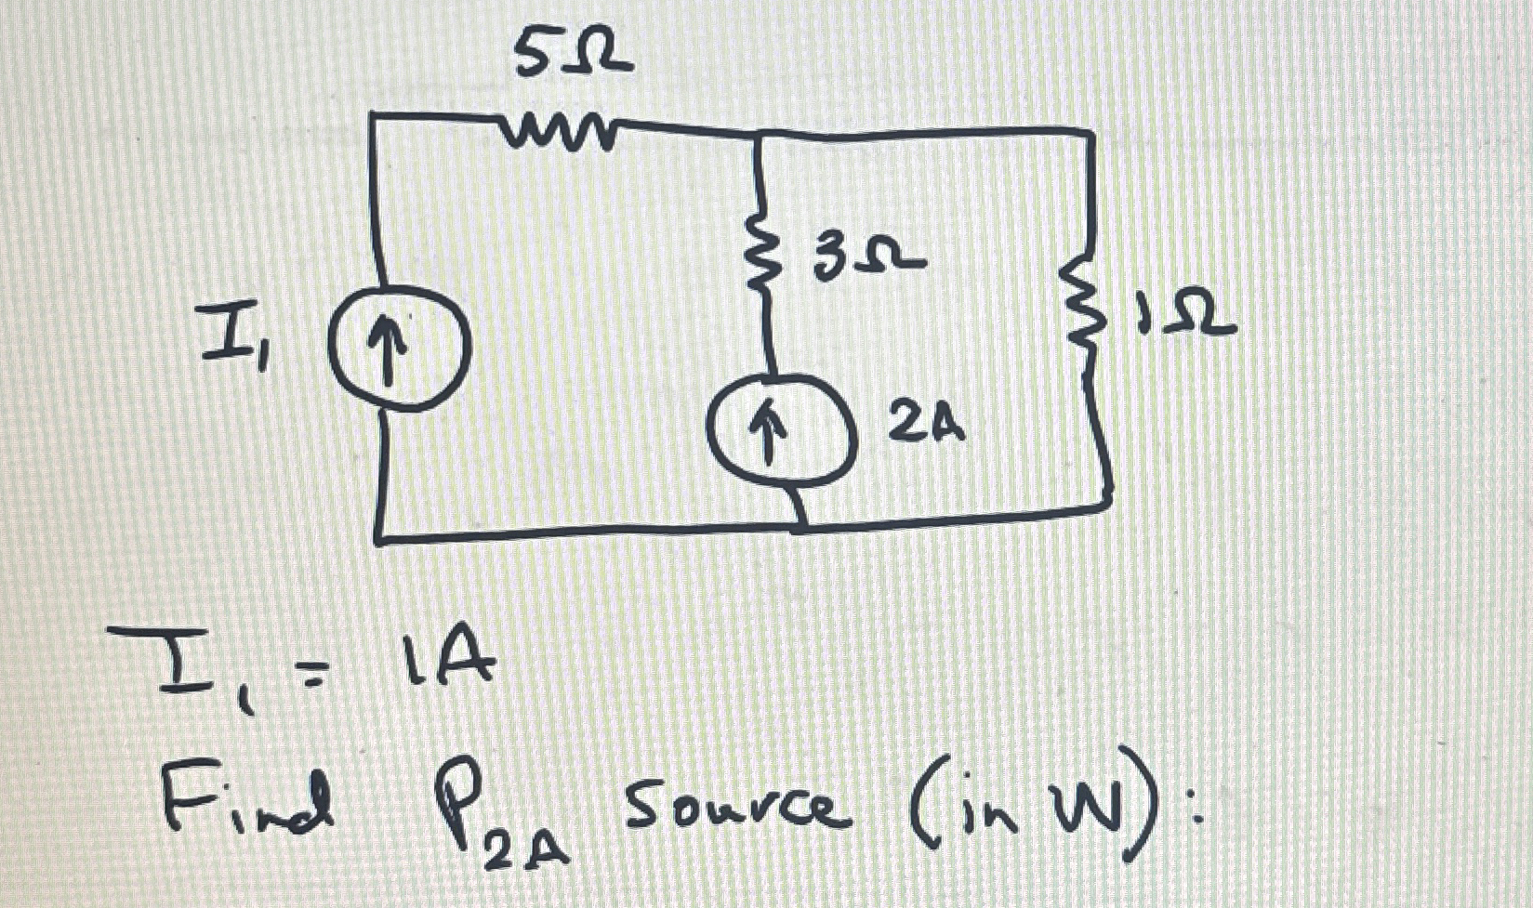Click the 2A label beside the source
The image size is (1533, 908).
coord(926,425)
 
